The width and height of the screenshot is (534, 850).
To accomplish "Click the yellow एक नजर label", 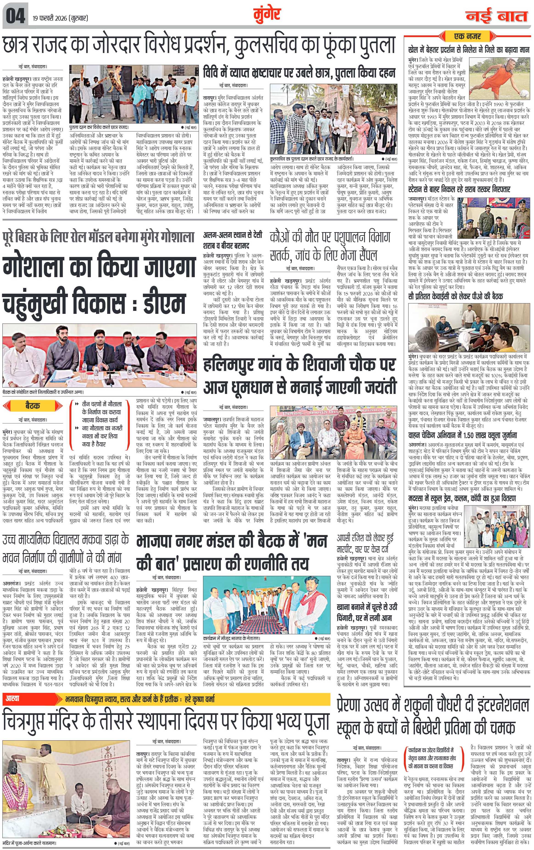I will (x=467, y=36).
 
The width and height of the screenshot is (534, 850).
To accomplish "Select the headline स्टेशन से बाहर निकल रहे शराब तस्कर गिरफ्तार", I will (x=459, y=190).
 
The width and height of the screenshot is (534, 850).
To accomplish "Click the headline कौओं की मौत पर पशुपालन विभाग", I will (x=330, y=237).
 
